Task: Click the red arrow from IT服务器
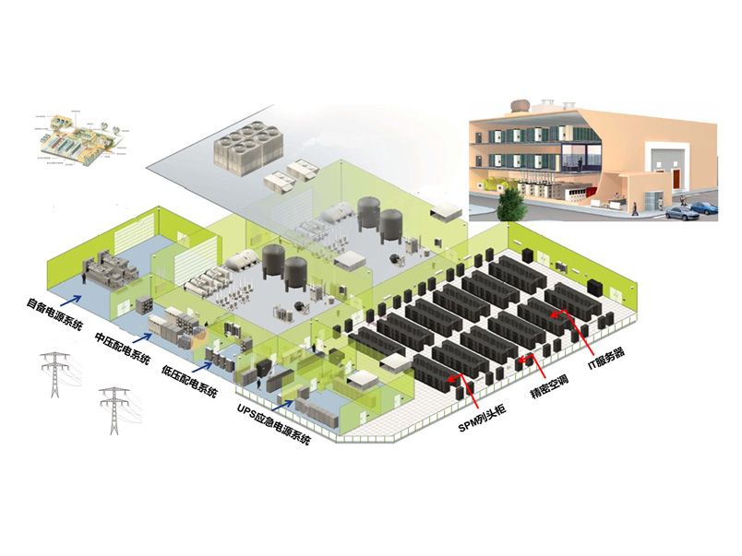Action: click(571, 328)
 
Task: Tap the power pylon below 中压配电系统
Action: click(113, 408)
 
